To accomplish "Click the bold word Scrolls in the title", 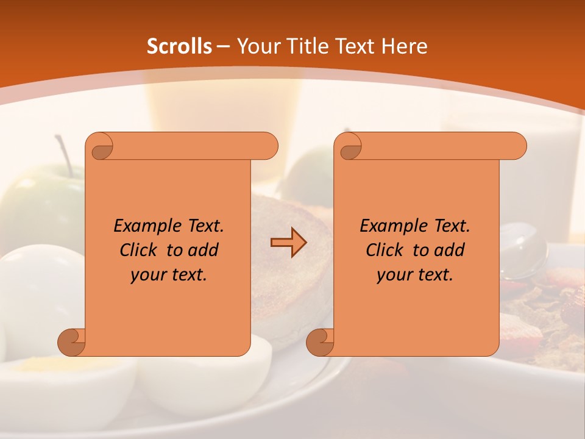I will (179, 46).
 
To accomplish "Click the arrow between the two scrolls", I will (288, 243).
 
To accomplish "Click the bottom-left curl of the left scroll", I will (72, 342).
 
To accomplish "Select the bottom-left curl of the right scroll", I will (321, 342).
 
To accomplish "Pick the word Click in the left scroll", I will (133, 250).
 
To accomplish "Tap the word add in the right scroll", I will (450, 250).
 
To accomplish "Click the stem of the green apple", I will (63, 152).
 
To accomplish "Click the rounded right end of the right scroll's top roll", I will (518, 146).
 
